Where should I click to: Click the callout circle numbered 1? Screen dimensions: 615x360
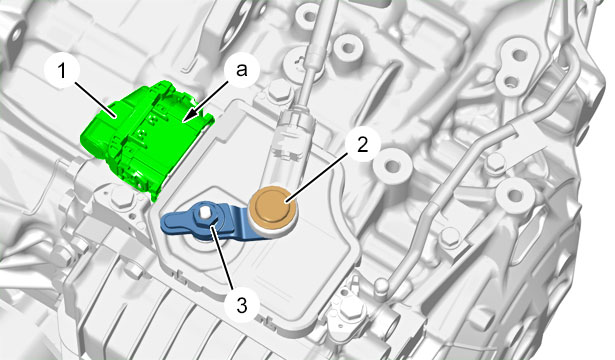[62, 71]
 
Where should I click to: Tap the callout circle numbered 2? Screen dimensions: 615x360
[362, 145]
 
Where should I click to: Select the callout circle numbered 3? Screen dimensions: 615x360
[242, 305]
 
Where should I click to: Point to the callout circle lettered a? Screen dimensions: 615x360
[242, 71]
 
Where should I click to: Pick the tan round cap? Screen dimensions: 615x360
[273, 208]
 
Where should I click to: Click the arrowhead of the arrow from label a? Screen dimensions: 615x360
[189, 115]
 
